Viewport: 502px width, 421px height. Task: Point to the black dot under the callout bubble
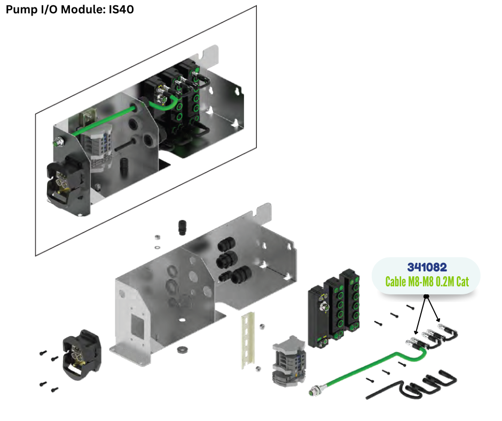tap(426, 295)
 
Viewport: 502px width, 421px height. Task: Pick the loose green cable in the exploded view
tap(368, 369)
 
